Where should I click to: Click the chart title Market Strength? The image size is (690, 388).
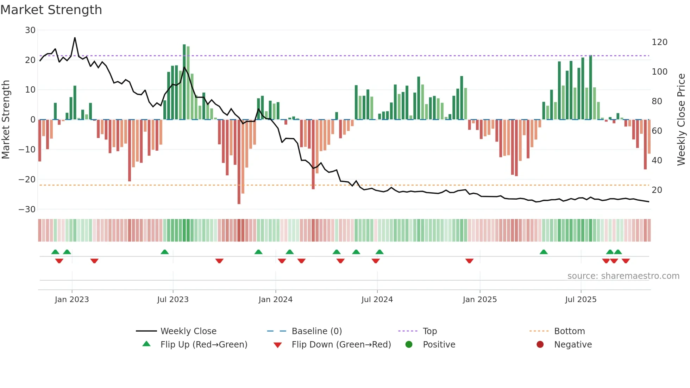click(x=51, y=10)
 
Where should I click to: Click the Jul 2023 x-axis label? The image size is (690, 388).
click(x=173, y=300)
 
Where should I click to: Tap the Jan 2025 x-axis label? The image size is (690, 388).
click(x=479, y=300)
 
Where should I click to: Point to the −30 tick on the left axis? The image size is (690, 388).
click(x=27, y=209)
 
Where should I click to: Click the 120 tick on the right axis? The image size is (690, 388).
click(x=659, y=42)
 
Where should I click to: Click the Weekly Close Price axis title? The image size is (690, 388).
click(x=681, y=120)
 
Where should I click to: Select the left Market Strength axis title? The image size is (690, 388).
click(x=6, y=120)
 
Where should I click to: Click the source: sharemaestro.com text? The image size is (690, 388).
click(x=623, y=276)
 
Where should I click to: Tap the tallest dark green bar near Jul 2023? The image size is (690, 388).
click(x=184, y=82)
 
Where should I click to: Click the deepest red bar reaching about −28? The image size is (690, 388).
click(x=239, y=162)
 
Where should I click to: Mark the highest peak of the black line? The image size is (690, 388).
click(x=75, y=38)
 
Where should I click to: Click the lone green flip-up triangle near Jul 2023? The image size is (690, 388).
click(x=164, y=252)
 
